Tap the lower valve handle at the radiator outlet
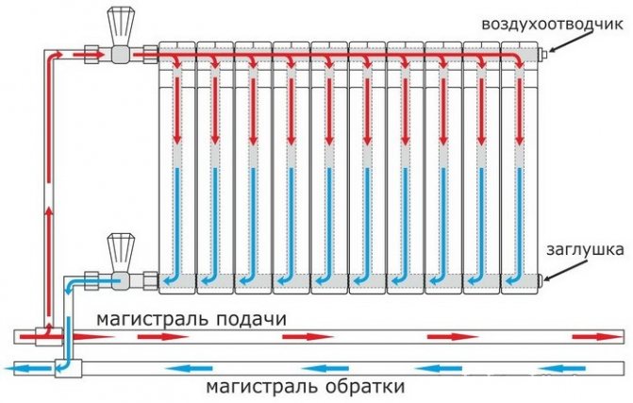click(120, 247)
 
